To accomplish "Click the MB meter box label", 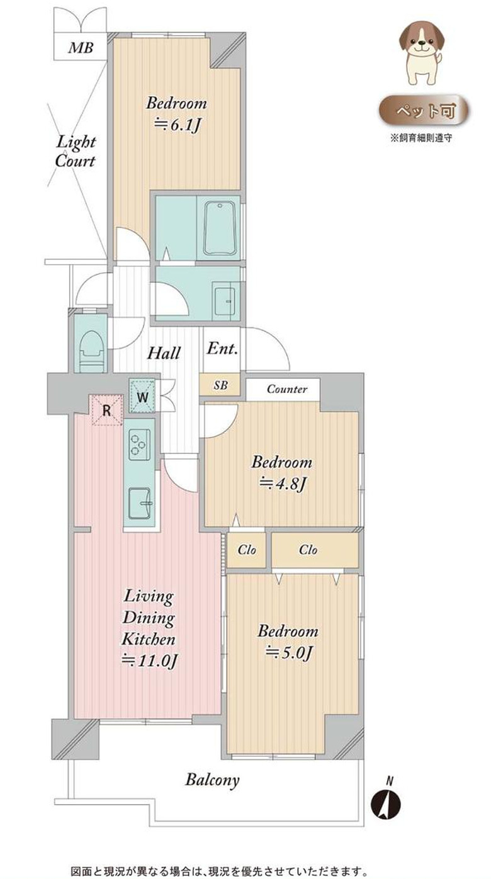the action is click(81, 48).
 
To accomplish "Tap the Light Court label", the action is click(76, 152).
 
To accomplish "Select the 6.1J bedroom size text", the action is click(178, 125).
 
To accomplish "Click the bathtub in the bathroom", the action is click(220, 229).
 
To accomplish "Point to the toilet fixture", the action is click(92, 351).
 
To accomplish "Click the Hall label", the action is click(164, 353).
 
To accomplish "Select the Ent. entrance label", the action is click(222, 348).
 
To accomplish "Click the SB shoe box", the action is click(220, 385).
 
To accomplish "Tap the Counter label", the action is click(286, 389).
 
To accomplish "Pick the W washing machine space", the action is click(142, 396).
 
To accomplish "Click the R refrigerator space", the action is click(106, 410).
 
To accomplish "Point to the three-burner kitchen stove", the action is click(140, 445).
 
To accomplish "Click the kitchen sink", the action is click(140, 503).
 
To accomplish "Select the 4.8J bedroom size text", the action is click(283, 484).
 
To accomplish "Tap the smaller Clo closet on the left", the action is click(246, 549).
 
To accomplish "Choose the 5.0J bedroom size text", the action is click(289, 652).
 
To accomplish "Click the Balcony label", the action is click(212, 780).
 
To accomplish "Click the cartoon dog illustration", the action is click(422, 53).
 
